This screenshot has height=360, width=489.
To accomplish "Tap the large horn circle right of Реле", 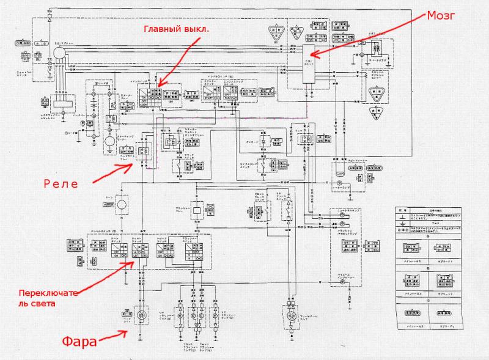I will pos(121,204).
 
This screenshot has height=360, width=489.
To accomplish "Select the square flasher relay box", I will pos(199,210).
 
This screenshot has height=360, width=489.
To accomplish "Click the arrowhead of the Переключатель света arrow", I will pos(135,262).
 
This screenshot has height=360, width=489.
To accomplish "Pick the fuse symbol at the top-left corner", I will pos(20,43).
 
